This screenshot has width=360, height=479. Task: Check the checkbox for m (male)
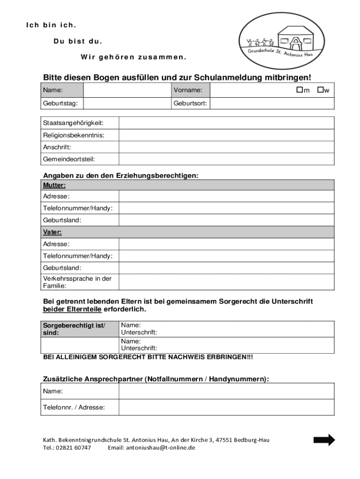[299, 89]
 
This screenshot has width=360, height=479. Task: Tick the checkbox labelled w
[320, 89]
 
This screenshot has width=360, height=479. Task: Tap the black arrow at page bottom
[324, 440]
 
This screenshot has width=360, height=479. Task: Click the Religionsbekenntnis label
[73, 135]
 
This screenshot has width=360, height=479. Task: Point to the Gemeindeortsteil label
[69, 159]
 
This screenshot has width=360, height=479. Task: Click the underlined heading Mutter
[54, 185]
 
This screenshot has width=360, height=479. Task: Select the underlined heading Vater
[52, 232]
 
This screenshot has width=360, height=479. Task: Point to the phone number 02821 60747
[73, 448]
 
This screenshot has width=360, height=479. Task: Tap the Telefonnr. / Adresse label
[74, 407]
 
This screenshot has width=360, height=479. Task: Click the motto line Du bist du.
[78, 41]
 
